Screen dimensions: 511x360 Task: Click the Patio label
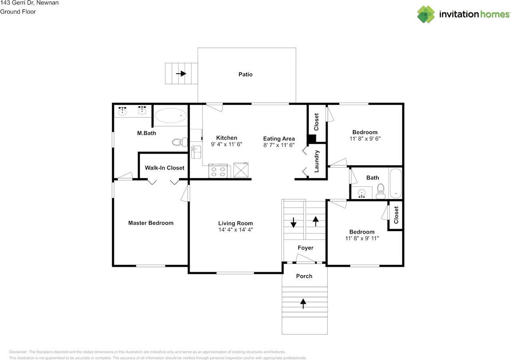pos(246,74)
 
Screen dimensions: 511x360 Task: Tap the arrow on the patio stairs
pos(181,74)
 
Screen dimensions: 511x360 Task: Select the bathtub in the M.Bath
pos(170,115)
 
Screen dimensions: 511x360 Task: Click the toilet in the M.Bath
pos(180,142)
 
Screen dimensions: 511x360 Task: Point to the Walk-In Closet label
pos(164,168)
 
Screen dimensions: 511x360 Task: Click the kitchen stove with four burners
pos(218,171)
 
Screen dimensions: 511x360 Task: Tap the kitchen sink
pos(196,152)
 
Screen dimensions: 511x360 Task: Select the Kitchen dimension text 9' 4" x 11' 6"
pos(226,144)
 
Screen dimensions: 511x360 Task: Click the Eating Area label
pos(279,139)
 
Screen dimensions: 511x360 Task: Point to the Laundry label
pos(317,161)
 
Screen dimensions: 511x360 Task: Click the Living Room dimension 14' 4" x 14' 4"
pos(236,230)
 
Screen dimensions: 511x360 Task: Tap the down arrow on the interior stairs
pos(293,223)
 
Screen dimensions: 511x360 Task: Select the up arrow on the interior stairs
pos(315,221)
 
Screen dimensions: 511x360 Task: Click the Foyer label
pos(305,248)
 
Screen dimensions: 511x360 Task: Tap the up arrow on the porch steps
pos(303,304)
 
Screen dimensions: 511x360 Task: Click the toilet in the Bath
pos(380,191)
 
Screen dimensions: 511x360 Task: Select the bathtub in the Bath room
pos(396,183)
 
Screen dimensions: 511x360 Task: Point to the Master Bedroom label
pos(151,223)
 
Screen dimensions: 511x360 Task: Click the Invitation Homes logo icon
pos(426,14)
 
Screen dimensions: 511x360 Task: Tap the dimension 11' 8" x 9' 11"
pos(362,238)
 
